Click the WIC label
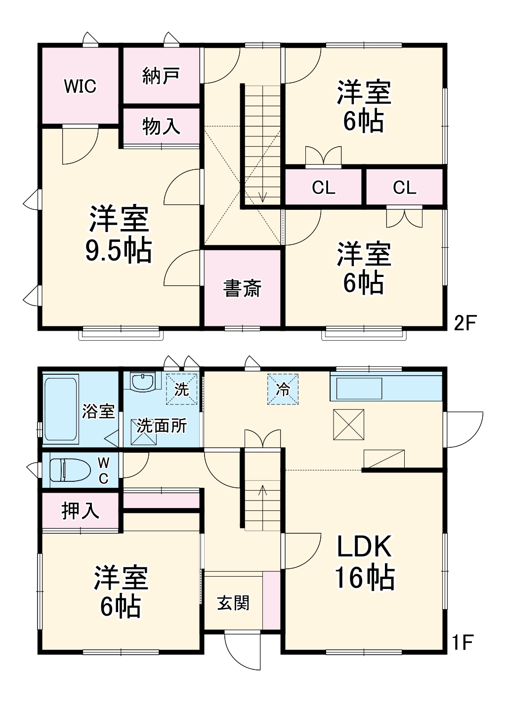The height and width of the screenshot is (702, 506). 80,86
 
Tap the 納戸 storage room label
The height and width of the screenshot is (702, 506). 161,76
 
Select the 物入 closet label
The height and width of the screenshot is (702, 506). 161,126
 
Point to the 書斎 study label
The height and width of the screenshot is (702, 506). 242,288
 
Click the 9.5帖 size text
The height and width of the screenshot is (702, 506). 119,251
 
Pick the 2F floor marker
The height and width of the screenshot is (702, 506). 464,323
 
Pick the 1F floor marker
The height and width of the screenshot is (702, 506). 463,643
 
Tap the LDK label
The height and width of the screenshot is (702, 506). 365,546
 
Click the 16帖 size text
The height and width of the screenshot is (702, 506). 365,577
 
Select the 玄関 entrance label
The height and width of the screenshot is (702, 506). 233,603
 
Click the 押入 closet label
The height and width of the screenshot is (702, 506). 80,510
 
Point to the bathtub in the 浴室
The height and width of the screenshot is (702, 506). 61,409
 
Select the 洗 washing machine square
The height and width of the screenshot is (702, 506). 182,389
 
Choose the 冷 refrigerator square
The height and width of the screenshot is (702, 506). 283,390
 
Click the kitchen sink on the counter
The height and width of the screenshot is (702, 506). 359,389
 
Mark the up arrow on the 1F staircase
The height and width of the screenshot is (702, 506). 262,490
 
